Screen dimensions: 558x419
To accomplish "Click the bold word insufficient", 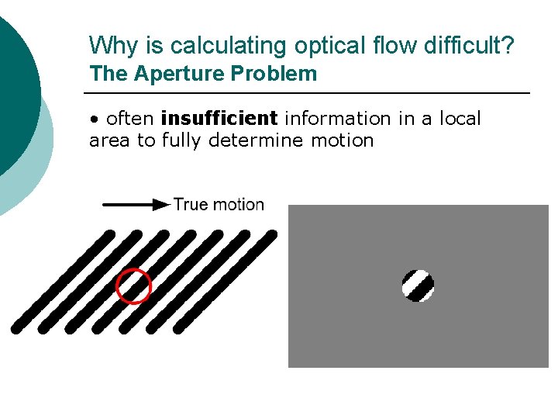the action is (x=219, y=119).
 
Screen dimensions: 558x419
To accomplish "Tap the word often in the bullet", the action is (x=129, y=119).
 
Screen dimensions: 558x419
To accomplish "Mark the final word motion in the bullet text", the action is (x=343, y=141).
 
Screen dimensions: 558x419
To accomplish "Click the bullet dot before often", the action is (x=94, y=119).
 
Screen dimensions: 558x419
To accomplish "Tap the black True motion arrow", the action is (x=136, y=205).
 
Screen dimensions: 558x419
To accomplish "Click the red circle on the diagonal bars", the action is (x=133, y=286).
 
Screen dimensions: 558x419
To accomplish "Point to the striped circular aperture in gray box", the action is (x=418, y=286).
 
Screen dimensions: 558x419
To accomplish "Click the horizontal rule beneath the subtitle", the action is (x=310, y=93).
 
